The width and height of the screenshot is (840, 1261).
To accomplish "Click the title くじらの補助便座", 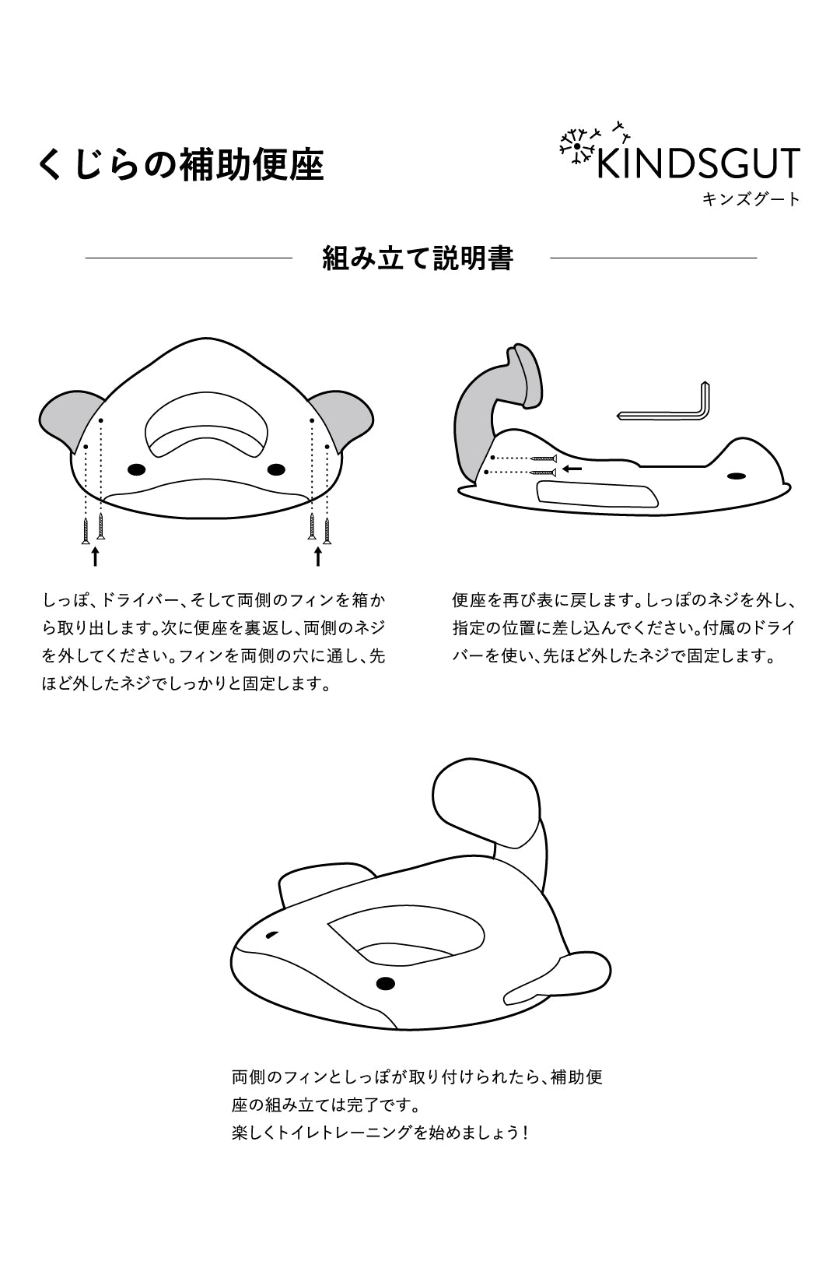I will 180,165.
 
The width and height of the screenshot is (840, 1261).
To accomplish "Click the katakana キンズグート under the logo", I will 751,200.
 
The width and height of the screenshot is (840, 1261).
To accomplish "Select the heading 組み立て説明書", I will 418,258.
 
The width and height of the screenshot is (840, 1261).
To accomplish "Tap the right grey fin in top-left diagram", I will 345,420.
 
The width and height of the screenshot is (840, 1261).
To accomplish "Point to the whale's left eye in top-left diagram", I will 137,469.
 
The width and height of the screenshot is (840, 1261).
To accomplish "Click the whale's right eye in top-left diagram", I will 275,469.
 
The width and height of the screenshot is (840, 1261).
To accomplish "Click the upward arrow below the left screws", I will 95,556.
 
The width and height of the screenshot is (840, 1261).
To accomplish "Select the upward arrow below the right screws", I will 317,556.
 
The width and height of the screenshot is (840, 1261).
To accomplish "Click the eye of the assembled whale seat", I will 385,984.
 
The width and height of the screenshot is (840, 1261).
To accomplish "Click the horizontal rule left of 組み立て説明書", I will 188,258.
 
